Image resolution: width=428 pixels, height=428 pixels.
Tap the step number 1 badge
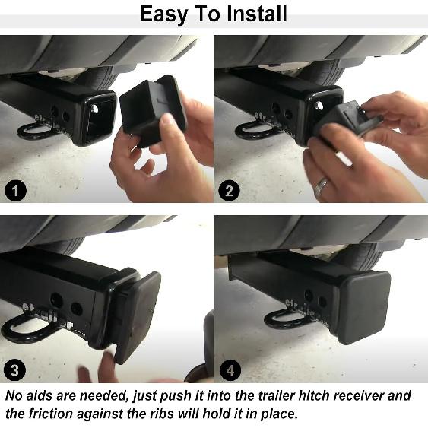pyautogui.click(x=15, y=190)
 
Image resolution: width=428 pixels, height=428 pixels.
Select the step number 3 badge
pyautogui.click(x=15, y=370)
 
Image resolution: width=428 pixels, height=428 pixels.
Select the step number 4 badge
pyautogui.click(x=229, y=370)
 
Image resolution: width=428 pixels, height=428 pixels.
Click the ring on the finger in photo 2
pyautogui.click(x=322, y=185)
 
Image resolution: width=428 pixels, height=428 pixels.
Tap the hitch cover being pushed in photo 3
pyautogui.click(x=137, y=312)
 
